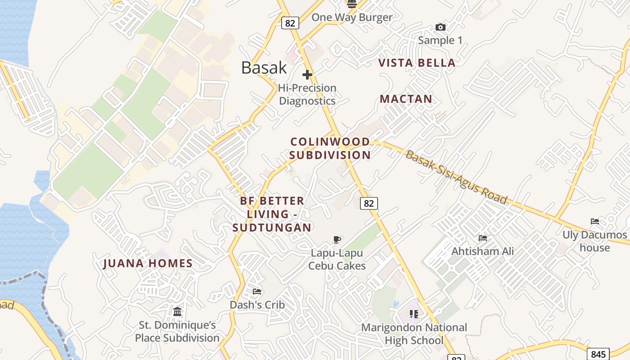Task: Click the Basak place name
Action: (264, 67)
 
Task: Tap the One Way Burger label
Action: (352, 18)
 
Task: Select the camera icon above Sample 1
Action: (441, 27)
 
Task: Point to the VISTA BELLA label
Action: (417, 63)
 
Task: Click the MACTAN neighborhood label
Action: (406, 99)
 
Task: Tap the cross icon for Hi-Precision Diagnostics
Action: (307, 74)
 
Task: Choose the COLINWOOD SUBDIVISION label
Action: (330, 148)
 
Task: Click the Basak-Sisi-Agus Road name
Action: (456, 177)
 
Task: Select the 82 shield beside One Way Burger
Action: (290, 22)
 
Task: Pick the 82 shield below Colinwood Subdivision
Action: (369, 203)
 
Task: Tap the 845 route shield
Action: (598, 354)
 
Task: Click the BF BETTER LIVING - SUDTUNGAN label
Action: (272, 214)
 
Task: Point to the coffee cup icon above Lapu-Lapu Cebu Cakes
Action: (337, 239)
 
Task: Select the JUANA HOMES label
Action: (148, 264)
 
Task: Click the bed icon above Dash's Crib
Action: (257, 292)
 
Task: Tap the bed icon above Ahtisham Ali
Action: (483, 238)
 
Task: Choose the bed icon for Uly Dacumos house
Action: (594, 221)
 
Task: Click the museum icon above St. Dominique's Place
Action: (177, 311)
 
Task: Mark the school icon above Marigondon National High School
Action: (414, 314)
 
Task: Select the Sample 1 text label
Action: (440, 40)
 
